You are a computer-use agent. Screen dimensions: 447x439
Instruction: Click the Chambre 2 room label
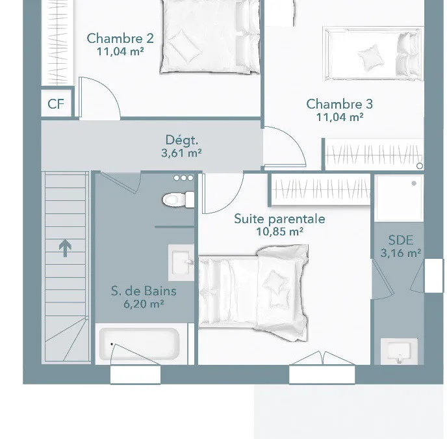[x=120, y=38]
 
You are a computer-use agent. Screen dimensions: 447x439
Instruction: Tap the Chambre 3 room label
[x=340, y=104]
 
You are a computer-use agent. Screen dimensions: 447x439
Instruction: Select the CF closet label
[x=56, y=104]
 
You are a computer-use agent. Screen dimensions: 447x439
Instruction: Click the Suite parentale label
[x=279, y=219]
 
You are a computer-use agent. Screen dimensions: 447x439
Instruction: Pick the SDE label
[x=401, y=241]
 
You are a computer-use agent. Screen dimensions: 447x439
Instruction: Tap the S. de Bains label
[x=144, y=291]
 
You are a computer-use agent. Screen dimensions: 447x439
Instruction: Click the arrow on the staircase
[x=65, y=248]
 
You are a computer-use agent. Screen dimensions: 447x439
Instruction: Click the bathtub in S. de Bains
[x=140, y=344]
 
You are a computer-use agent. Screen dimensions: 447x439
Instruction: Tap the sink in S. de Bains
[x=181, y=262]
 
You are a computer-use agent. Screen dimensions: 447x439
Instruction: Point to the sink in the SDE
[x=399, y=351]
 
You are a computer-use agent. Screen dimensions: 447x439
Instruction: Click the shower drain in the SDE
[x=414, y=183]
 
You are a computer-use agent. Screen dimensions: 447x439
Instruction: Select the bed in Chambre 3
[x=374, y=54]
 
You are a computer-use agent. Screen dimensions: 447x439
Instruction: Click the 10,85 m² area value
[x=279, y=232]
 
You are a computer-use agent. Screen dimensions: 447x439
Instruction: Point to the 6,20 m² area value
[x=144, y=304]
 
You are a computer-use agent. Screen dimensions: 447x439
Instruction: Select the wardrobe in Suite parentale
[x=321, y=189]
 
